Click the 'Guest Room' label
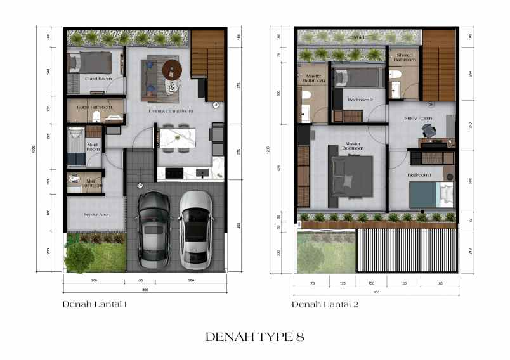[x=98, y=79]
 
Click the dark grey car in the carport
[x=154, y=229]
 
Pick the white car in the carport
[x=195, y=228]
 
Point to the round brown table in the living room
[x=172, y=68]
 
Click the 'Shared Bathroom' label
[x=404, y=58]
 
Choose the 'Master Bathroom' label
[x=311, y=79]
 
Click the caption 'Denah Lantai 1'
[x=95, y=305]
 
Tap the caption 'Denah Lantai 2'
[x=325, y=305]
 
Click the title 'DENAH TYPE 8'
[x=254, y=337]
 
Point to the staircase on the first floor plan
[x=207, y=66]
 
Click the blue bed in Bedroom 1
[x=431, y=195]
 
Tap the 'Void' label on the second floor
[x=359, y=38]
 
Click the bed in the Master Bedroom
[x=350, y=176]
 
